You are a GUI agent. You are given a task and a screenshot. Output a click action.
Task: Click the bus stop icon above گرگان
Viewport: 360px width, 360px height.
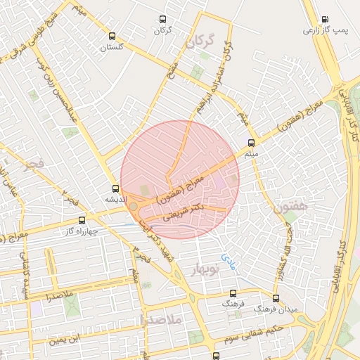pos(163,20)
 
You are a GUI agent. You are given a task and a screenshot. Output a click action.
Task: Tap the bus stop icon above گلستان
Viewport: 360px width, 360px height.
pos(112,37)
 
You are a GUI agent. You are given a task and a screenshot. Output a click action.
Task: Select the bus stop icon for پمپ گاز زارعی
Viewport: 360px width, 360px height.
pos(324,20)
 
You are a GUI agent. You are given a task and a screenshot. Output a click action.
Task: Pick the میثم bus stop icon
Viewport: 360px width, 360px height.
pos(252,142)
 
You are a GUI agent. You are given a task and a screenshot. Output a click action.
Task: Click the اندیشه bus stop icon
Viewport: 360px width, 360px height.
pos(116,188)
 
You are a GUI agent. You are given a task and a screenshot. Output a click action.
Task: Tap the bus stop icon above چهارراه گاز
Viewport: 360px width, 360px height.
pos(82,220)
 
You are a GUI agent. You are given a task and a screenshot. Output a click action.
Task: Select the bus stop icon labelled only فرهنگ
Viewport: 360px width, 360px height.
pos(233,294)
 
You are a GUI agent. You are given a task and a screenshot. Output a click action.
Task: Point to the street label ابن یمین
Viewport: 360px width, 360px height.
pos(62,341)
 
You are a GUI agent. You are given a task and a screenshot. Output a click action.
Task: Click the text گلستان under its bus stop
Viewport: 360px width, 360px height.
pos(112,47)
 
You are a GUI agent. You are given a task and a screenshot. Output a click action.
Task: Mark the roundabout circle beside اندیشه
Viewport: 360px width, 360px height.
pos(134,206)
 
